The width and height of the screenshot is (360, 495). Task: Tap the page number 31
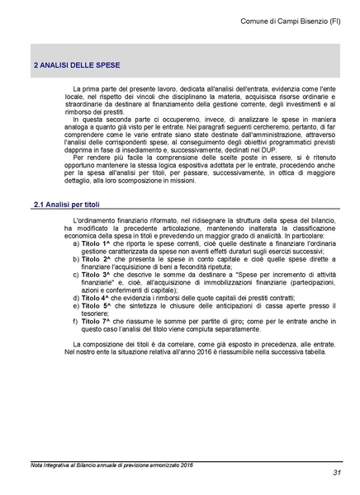pos(337,472)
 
